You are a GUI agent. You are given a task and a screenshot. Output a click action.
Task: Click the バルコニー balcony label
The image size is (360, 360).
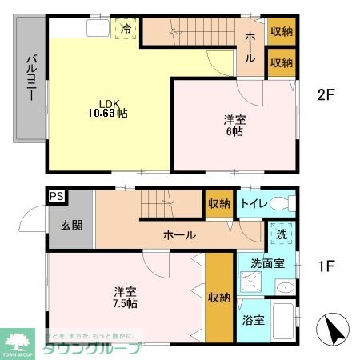click(28, 78)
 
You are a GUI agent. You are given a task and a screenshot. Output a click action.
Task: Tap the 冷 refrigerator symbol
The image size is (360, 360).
click(126, 29)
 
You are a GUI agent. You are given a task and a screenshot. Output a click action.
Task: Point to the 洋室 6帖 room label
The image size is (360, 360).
click(234, 126)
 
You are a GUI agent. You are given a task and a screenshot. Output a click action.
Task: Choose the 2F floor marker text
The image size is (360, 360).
click(324, 94)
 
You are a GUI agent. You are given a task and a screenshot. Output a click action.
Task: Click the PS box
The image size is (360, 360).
click(56, 194)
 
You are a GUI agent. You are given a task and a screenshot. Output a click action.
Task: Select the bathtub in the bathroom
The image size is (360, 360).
click(283, 323)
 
